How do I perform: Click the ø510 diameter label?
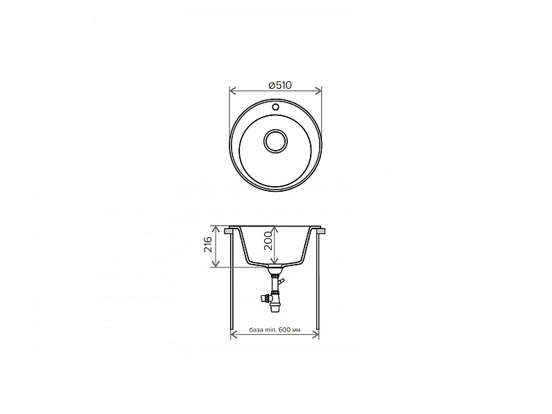pos(280,85)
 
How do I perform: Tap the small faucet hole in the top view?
pos(275,106)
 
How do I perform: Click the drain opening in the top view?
pos(275,141)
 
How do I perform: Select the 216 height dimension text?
pos(208,244)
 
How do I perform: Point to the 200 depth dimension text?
pos(268,240)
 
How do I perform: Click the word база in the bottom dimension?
pos(255,330)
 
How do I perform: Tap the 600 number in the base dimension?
pos(284,330)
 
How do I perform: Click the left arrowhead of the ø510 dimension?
pos(232,91)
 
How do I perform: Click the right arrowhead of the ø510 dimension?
pos(318,91)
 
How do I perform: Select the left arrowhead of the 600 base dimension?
pos(234,335)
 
